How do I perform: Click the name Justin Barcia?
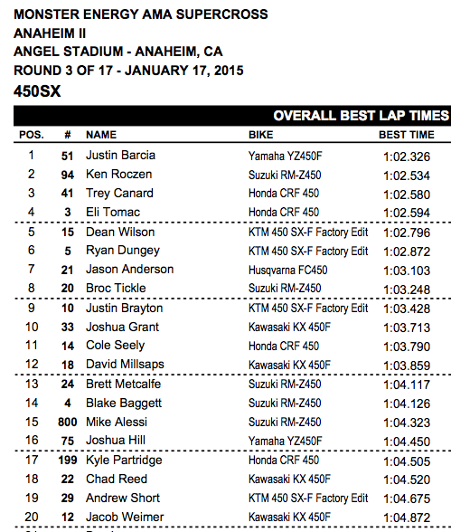coord(117,155)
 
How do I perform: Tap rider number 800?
coord(67,422)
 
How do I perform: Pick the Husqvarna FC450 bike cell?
coord(287,270)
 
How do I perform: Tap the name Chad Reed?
coord(112,479)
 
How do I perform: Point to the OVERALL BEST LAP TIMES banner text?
coord(361,115)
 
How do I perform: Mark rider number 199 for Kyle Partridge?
coord(67,460)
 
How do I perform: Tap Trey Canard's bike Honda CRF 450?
coord(283,193)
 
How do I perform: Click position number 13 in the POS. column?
coord(31,384)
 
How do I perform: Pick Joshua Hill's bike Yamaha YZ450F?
coord(285,441)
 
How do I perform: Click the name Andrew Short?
coord(117,498)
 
